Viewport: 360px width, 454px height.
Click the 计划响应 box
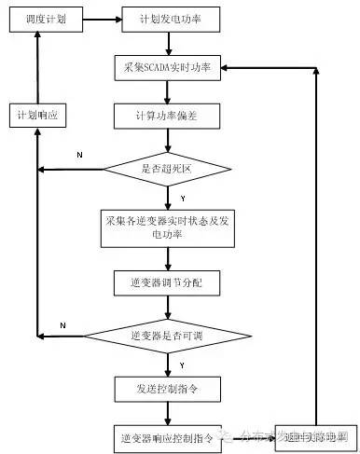(38, 116)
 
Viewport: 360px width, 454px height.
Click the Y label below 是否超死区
(181, 199)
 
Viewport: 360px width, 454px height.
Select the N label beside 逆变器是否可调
(62, 323)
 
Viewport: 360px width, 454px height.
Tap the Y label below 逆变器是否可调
(181, 363)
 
